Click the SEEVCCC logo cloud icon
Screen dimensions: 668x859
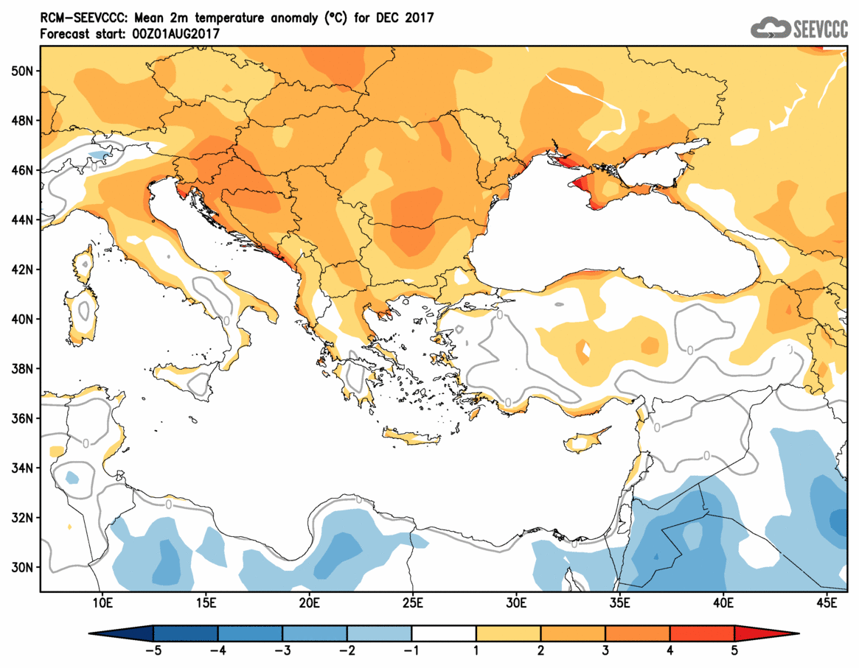click(770, 28)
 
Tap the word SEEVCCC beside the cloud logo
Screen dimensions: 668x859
click(820, 29)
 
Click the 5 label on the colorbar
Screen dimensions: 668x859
click(734, 651)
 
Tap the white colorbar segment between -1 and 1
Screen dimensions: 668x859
click(444, 633)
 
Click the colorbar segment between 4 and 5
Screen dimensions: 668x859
click(702, 633)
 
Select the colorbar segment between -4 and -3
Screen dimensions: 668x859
click(250, 633)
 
